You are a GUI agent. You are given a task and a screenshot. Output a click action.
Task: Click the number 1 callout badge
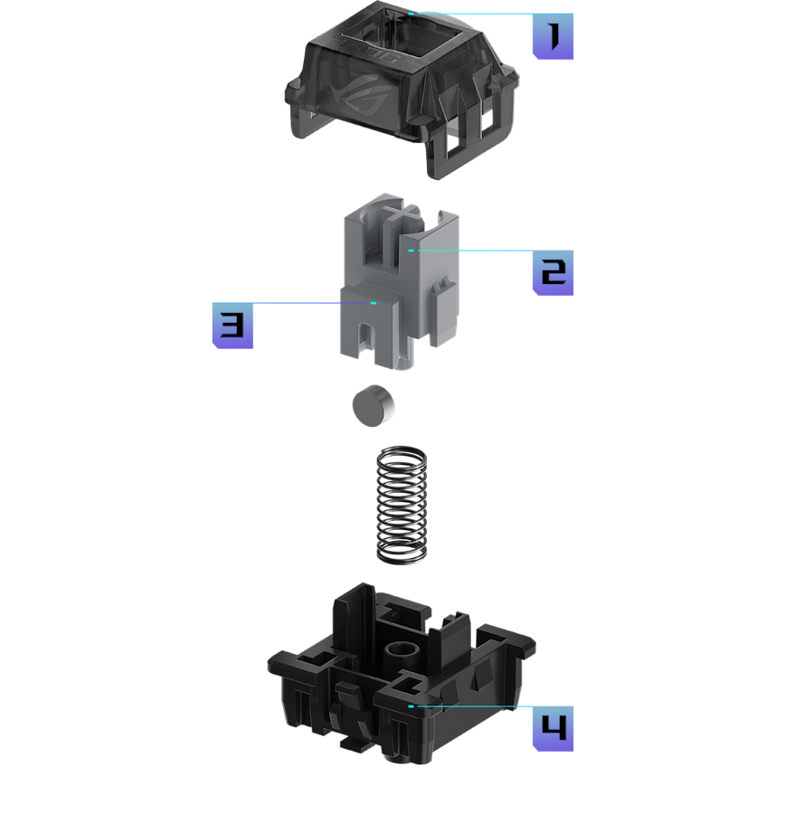click(553, 36)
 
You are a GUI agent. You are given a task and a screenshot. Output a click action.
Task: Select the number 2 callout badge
click(553, 272)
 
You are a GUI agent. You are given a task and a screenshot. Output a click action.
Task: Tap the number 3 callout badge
click(232, 326)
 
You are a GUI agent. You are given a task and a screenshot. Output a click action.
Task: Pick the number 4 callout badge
click(553, 728)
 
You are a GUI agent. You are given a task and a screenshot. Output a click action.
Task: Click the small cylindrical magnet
click(374, 406)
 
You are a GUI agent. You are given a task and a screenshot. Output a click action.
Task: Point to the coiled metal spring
click(402, 505)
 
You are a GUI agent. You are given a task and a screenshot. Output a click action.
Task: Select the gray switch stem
click(399, 281)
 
